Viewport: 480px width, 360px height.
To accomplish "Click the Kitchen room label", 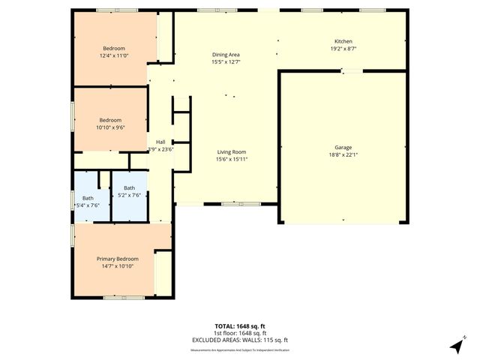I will pyautogui.click(x=343, y=41).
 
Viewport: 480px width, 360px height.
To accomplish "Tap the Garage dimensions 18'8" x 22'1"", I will pyautogui.click(x=343, y=154).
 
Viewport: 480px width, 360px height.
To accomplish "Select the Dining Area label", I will pyautogui.click(x=226, y=55).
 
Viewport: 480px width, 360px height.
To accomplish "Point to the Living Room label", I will pyautogui.click(x=231, y=152).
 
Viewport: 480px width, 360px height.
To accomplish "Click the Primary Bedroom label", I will pyautogui.click(x=117, y=259).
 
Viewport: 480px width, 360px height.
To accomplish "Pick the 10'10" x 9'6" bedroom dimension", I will pyautogui.click(x=110, y=127).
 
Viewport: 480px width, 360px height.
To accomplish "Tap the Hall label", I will pyautogui.click(x=160, y=142).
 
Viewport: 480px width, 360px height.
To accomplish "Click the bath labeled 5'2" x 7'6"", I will pyautogui.click(x=130, y=195).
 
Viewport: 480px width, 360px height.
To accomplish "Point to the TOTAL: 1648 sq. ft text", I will pyautogui.click(x=240, y=326).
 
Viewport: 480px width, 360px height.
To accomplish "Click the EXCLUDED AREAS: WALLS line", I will pyautogui.click(x=240, y=340).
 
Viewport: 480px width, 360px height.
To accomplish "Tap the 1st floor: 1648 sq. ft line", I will pyautogui.click(x=240, y=333).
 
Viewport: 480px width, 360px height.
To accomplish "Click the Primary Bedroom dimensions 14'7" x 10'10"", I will pyautogui.click(x=117, y=266).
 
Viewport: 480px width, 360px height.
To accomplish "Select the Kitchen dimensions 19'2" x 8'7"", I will pyautogui.click(x=343, y=49).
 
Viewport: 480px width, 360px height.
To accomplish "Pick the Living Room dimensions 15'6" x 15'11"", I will pyautogui.click(x=231, y=159).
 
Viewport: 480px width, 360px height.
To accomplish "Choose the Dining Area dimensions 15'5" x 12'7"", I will pyautogui.click(x=226, y=62).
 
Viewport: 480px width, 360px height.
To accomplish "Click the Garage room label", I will pyautogui.click(x=343, y=147).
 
